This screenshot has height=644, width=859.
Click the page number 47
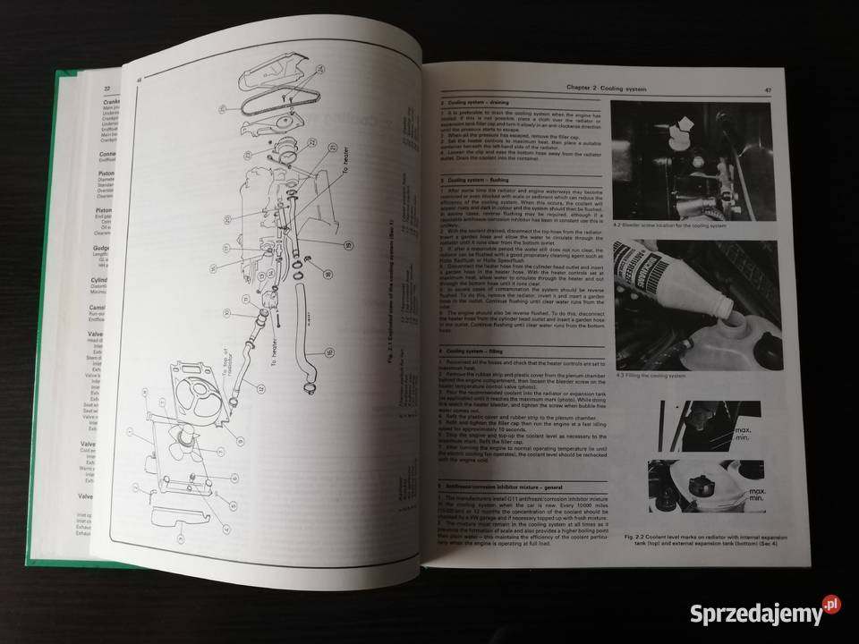tap(768, 89)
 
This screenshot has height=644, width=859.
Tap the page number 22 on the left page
tap(106, 89)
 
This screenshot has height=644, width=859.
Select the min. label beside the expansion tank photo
tap(759, 504)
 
